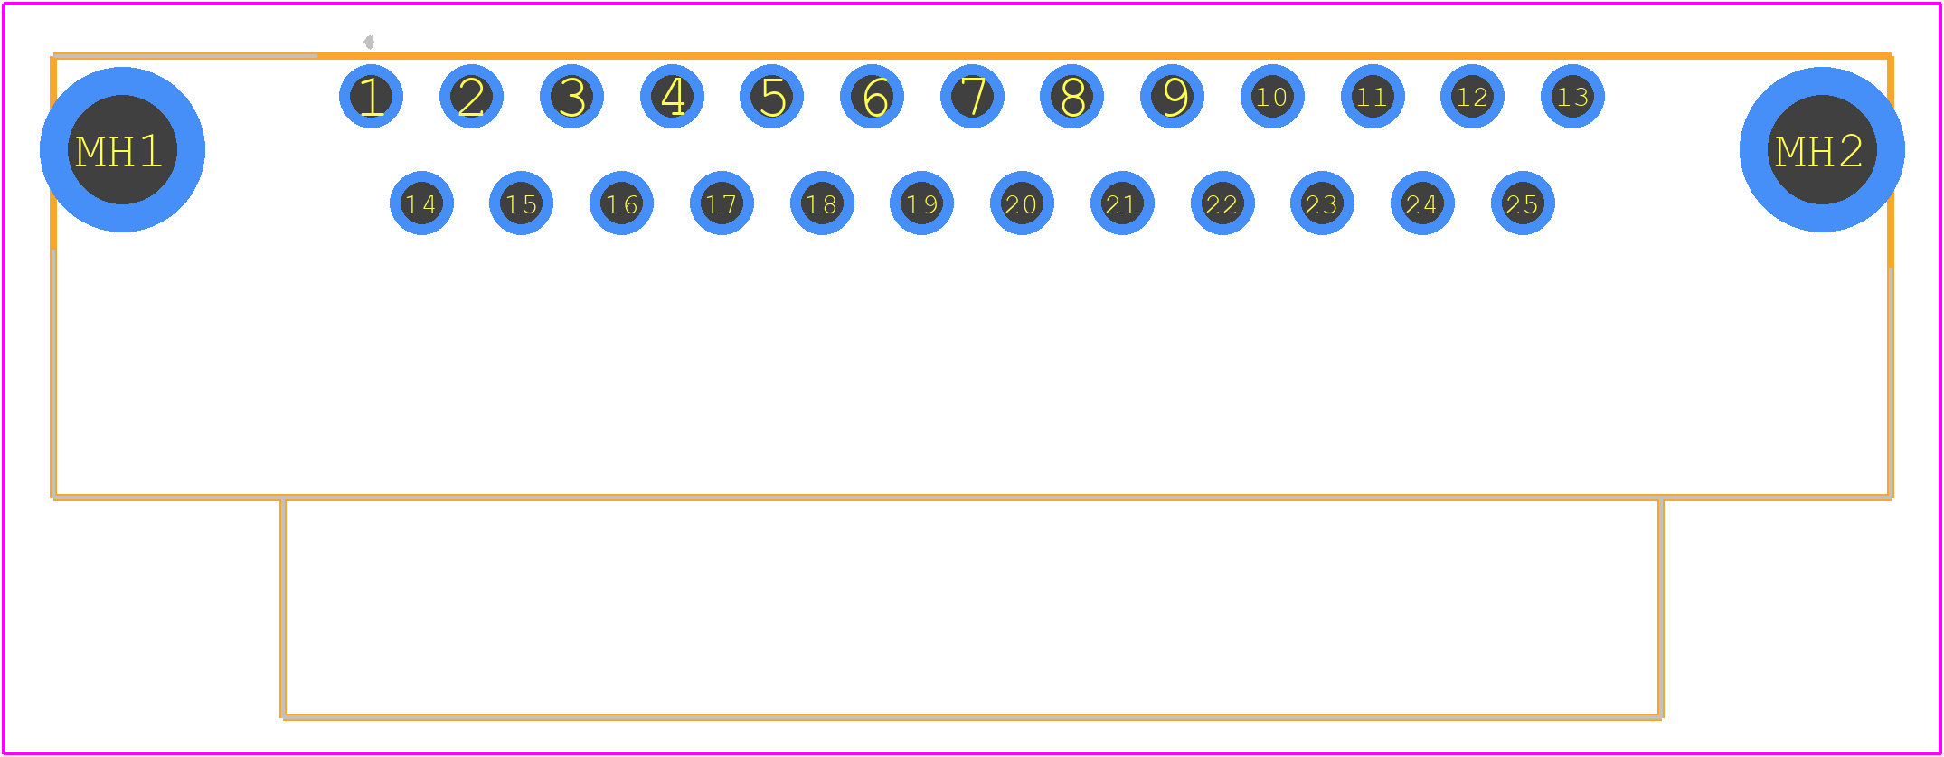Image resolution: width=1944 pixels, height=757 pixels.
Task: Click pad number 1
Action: coord(371,97)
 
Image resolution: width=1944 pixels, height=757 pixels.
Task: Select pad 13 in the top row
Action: coord(1572,97)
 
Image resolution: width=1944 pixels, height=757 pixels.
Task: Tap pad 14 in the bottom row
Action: coord(421,203)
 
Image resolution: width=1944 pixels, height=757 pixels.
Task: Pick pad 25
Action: coord(1523,203)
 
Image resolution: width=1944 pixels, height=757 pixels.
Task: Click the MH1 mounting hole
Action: coord(122,150)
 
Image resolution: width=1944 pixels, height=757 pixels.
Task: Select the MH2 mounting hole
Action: coord(1822,150)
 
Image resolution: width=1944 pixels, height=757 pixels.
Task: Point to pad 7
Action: coord(972,97)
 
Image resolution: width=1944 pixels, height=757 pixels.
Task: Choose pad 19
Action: coord(921,203)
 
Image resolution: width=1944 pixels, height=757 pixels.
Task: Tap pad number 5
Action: coord(771,97)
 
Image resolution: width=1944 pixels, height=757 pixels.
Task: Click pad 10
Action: coord(1272,97)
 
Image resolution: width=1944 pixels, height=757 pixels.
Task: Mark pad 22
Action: coord(1222,203)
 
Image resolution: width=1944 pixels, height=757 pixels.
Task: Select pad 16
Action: coord(621,203)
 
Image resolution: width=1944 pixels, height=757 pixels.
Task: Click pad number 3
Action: coord(571,97)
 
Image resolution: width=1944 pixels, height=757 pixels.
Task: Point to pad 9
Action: coord(1172,97)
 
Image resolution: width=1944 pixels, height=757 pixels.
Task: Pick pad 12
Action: coord(1472,97)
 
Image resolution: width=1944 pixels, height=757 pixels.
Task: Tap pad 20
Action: coord(1022,203)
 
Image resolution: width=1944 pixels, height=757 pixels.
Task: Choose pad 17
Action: coord(722,203)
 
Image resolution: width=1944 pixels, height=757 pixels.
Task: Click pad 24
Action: coord(1422,203)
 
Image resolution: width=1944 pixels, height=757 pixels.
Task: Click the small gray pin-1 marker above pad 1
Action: coord(369,42)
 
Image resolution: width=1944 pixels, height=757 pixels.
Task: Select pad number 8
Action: coord(1071,97)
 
